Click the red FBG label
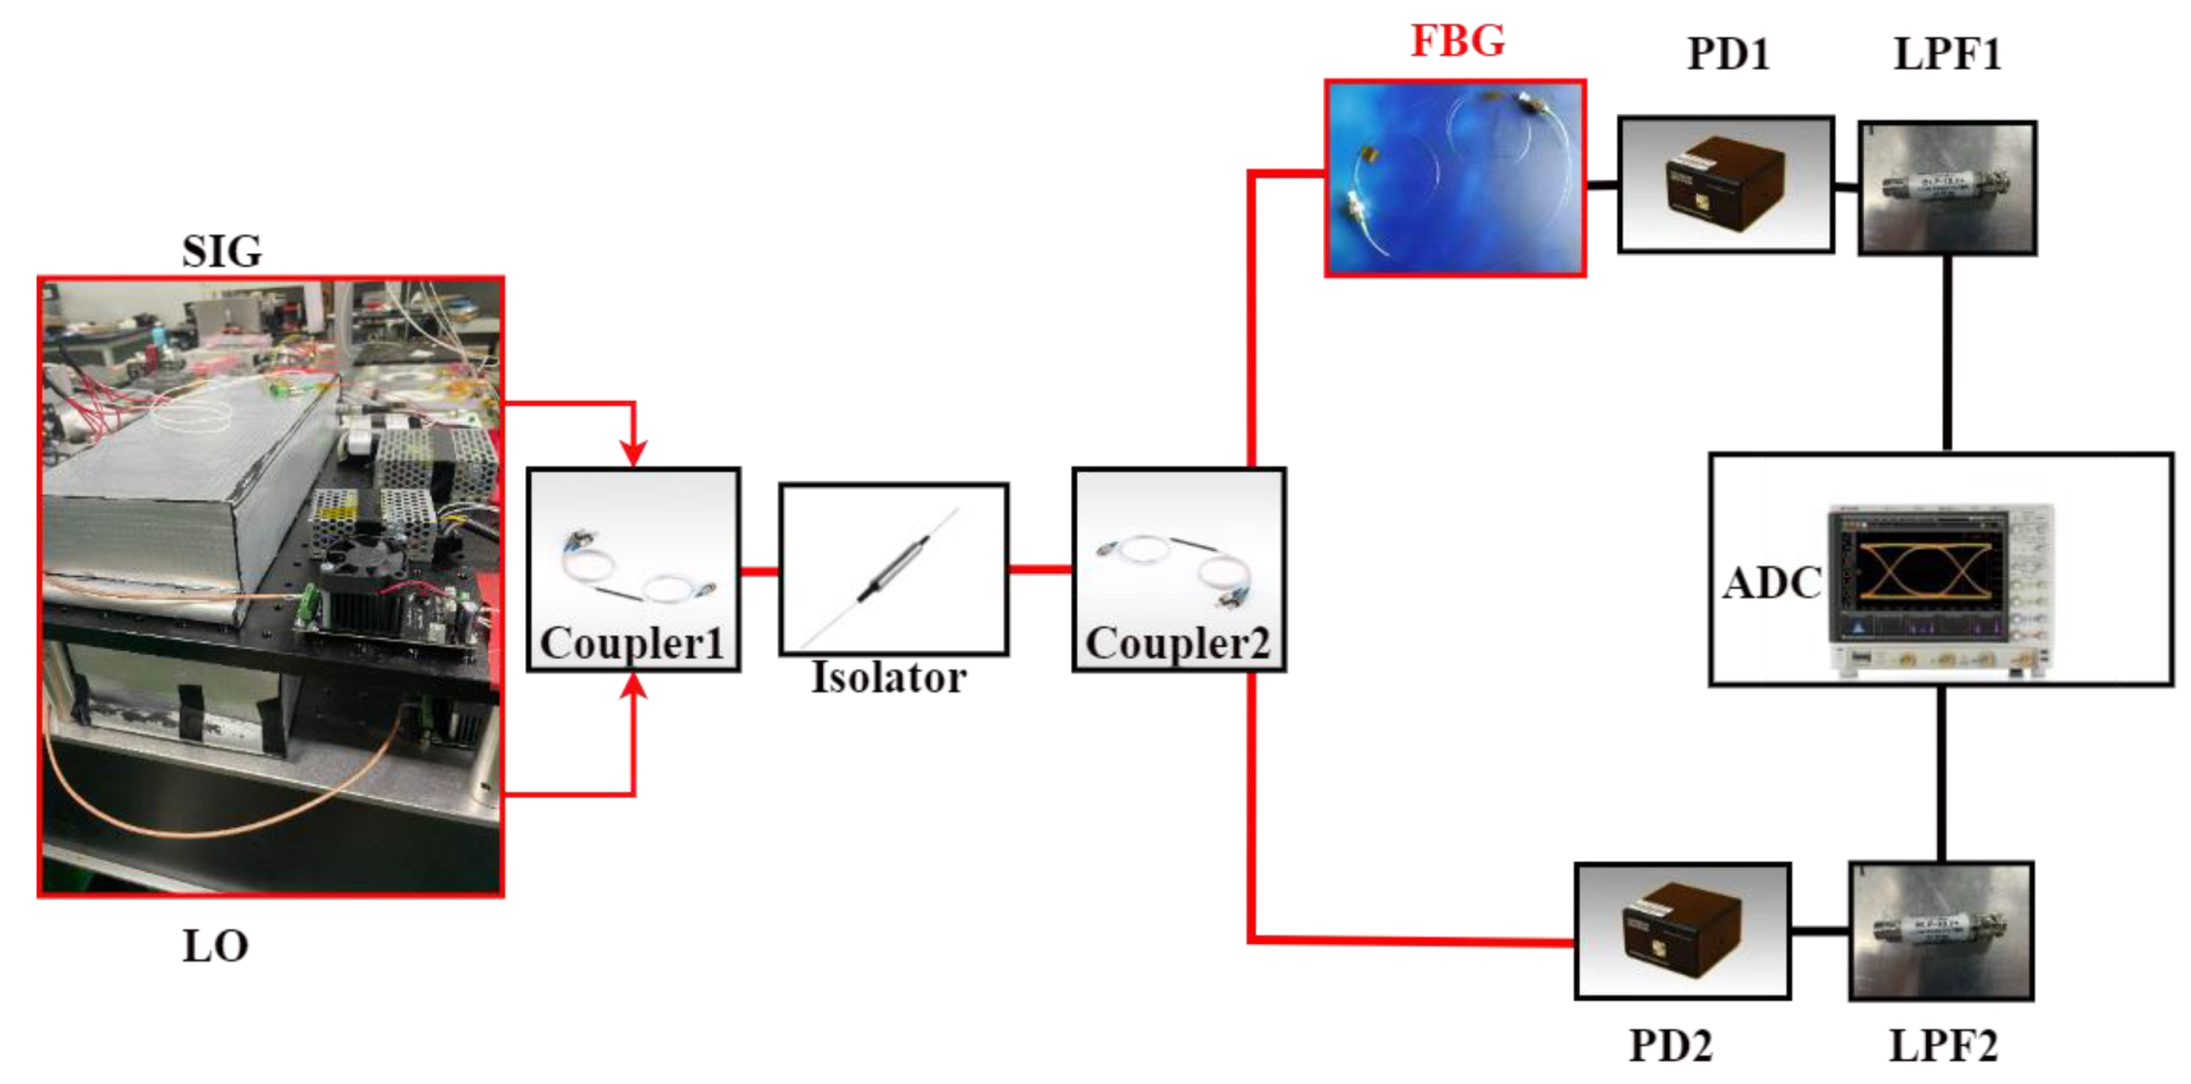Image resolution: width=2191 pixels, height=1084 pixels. point(1456,41)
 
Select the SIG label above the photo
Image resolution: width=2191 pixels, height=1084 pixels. point(222,252)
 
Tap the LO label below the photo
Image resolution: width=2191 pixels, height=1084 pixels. point(215,946)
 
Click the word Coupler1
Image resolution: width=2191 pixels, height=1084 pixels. point(632,643)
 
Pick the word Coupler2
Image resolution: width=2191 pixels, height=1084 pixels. point(1177,643)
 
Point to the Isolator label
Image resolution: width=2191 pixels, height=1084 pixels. point(888,678)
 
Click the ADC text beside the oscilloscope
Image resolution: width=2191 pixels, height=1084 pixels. point(1772,583)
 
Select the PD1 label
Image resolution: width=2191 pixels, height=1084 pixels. point(1727,54)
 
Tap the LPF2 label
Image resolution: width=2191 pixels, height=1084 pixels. point(1942,1046)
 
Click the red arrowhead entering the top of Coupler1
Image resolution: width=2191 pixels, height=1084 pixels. point(633,452)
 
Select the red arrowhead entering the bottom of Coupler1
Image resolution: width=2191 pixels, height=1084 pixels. point(633,686)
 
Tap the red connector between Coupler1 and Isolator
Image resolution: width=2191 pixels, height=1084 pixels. point(759,571)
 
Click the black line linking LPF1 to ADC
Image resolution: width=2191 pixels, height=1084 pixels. point(1947,352)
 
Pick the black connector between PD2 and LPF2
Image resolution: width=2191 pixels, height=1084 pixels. point(1818,931)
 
